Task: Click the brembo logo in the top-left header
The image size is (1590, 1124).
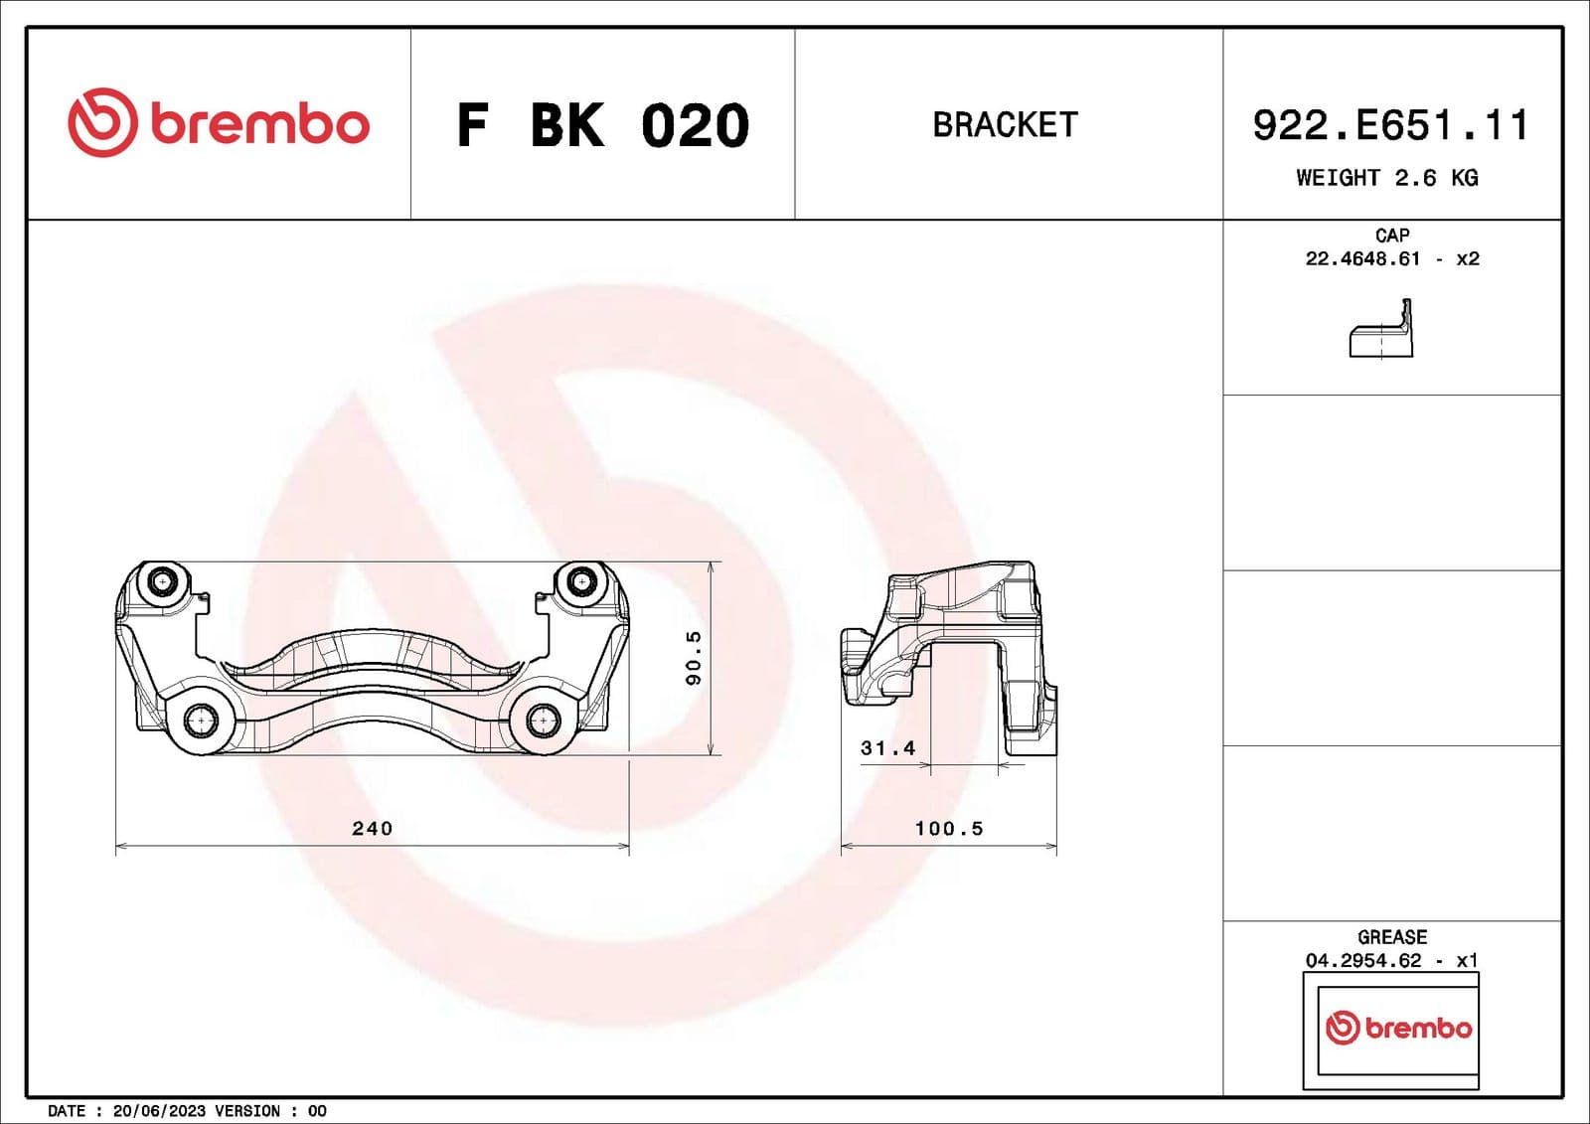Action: click(x=219, y=123)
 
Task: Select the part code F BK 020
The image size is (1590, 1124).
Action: click(x=602, y=126)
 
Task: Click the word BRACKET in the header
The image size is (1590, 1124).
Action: click(x=1005, y=125)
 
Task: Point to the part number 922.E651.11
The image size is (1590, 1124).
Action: click(x=1389, y=126)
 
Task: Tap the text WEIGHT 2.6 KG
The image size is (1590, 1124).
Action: click(x=1386, y=178)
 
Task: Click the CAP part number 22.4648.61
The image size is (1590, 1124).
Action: click(x=1362, y=259)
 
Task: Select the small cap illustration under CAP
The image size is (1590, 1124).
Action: click(x=1381, y=331)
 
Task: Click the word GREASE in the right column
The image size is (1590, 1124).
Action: click(x=1391, y=937)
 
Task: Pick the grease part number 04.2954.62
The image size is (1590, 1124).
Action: click(x=1362, y=961)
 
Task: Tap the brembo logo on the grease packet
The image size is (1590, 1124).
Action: click(x=1398, y=1028)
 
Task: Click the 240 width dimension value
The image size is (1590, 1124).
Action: click(x=373, y=828)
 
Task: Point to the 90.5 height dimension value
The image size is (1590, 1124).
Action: click(x=694, y=657)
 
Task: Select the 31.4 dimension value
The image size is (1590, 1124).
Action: click(x=887, y=748)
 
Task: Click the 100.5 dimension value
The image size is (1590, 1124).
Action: click(x=949, y=828)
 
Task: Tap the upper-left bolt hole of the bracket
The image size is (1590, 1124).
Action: click(x=163, y=582)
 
